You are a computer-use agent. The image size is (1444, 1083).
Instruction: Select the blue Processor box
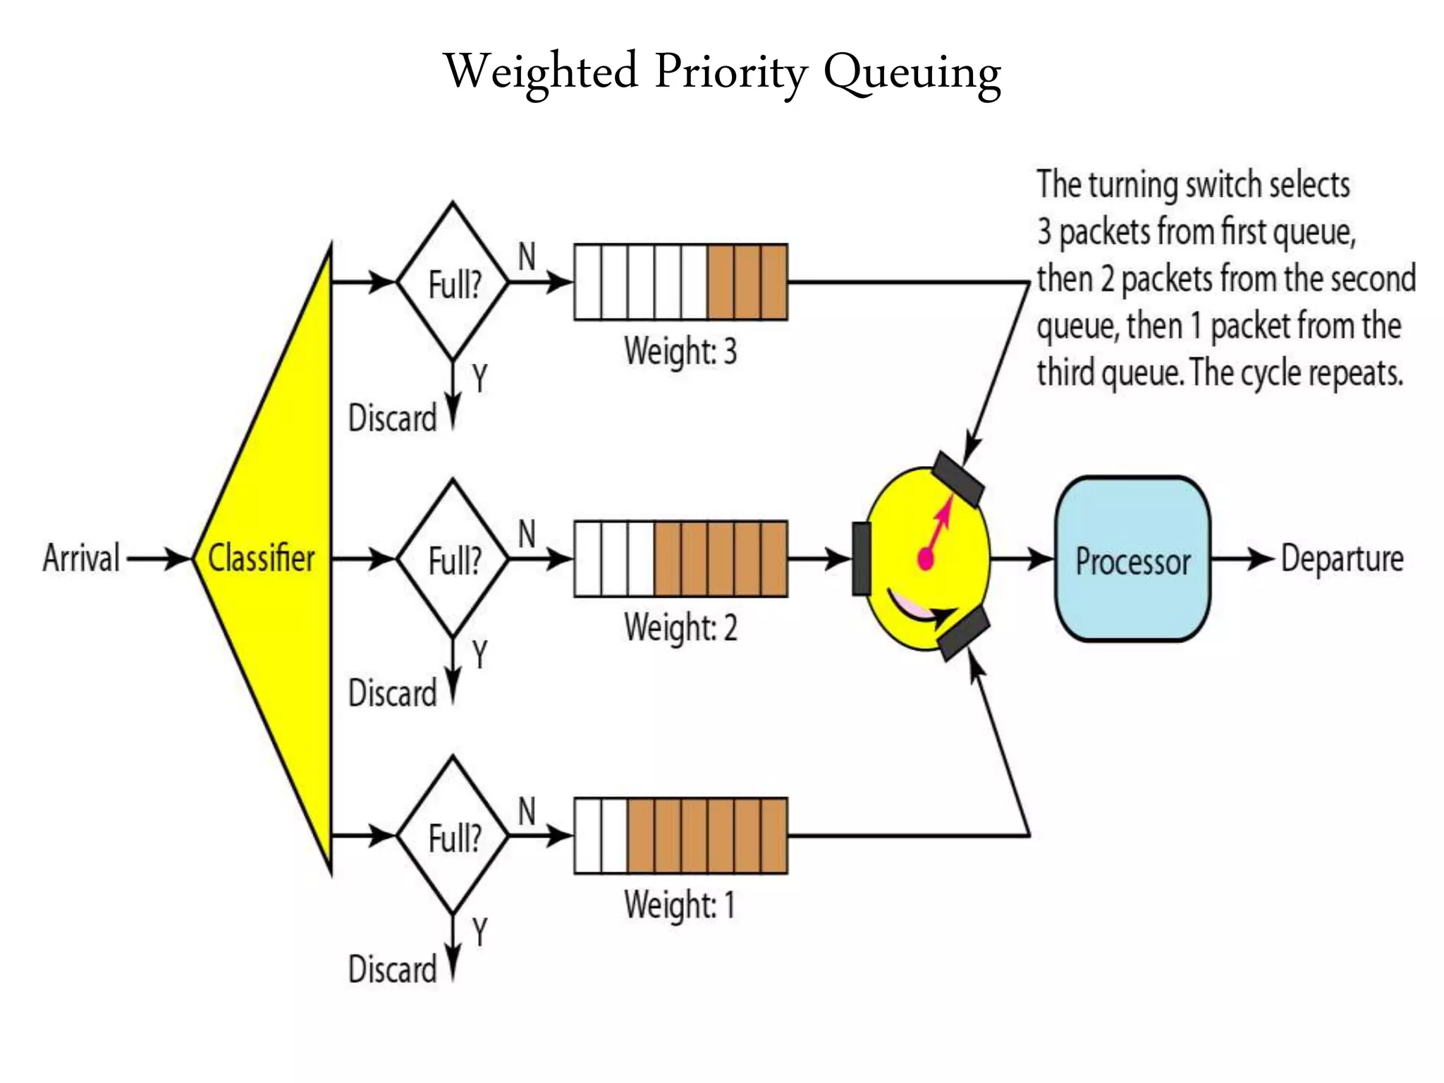click(x=1132, y=560)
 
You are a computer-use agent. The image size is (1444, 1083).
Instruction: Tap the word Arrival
click(x=81, y=558)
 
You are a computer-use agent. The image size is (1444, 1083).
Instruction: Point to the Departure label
click(x=1341, y=558)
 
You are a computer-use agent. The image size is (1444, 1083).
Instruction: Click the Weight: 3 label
click(x=680, y=351)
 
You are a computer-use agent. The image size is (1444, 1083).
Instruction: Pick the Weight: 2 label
click(x=680, y=628)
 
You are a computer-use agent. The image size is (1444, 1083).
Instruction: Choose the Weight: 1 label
click(x=678, y=905)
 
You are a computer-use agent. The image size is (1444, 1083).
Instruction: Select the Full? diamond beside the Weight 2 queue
click(x=453, y=560)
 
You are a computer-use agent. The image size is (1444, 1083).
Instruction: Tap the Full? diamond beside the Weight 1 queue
click(x=453, y=837)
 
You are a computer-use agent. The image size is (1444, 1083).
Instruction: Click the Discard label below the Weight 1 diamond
click(x=392, y=969)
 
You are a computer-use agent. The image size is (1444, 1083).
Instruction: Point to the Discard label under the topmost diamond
click(x=392, y=418)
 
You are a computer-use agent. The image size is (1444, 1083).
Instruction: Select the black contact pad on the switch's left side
click(x=862, y=559)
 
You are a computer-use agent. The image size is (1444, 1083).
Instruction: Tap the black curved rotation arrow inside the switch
click(x=920, y=610)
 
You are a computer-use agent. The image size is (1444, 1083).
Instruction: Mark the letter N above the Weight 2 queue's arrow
click(x=527, y=534)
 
